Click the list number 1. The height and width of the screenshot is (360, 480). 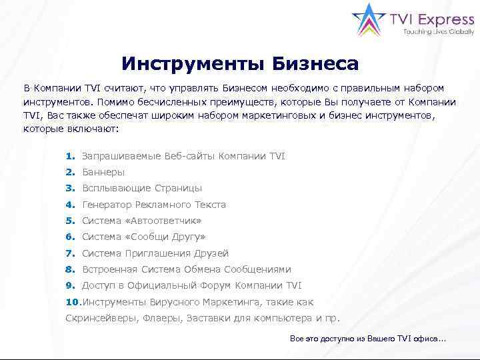(69, 156)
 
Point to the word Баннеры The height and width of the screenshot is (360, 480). (103, 172)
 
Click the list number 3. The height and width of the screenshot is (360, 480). (69, 188)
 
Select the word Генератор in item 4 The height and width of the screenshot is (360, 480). (107, 205)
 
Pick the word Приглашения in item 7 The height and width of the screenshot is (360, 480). (155, 253)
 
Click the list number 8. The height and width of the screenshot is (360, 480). (69, 269)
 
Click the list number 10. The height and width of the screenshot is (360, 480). (72, 302)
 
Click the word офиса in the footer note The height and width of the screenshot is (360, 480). (428, 339)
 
